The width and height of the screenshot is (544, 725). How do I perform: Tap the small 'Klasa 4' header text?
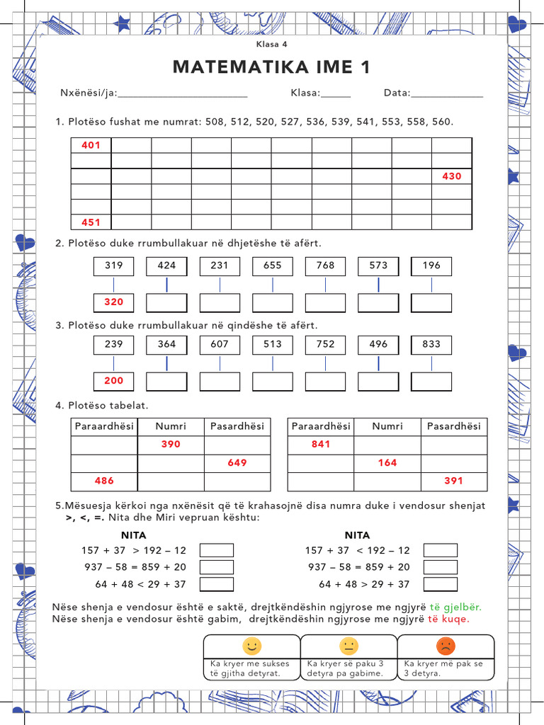click(x=272, y=44)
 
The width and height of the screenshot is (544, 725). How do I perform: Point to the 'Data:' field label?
click(x=396, y=93)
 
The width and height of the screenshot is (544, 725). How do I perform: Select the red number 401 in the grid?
click(x=91, y=145)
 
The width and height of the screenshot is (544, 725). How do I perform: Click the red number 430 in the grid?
click(x=451, y=176)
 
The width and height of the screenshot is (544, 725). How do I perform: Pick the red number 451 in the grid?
click(x=91, y=222)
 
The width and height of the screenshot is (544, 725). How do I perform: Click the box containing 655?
click(x=272, y=266)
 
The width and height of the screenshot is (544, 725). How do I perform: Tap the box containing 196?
click(x=431, y=266)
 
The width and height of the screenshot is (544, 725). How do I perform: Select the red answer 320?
click(x=113, y=302)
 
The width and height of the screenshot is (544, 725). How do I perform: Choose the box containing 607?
click(x=220, y=344)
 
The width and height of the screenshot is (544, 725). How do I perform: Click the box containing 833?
click(x=431, y=344)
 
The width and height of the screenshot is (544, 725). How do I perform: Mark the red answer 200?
click(x=113, y=381)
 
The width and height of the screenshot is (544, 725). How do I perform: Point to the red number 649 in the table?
click(x=237, y=463)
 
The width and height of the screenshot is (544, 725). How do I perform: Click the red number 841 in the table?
click(x=321, y=445)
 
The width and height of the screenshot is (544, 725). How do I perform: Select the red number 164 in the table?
click(x=387, y=463)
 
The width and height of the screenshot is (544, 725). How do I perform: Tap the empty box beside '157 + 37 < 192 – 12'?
click(x=440, y=550)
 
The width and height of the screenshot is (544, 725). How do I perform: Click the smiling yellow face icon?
click(x=251, y=646)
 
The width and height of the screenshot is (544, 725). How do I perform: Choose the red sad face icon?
click(x=446, y=646)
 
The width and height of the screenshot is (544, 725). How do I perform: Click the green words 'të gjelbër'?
click(x=455, y=607)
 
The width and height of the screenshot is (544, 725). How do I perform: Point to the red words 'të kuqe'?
click(x=448, y=620)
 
